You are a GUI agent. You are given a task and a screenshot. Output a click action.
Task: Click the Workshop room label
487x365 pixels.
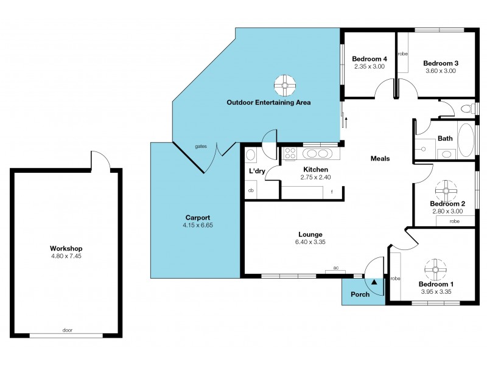tap(66, 248)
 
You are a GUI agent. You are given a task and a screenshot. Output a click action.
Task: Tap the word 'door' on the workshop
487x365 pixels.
tap(67, 330)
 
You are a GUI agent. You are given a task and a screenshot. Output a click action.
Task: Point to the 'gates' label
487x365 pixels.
tap(200, 147)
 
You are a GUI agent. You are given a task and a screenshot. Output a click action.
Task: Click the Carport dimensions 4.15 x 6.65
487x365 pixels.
tap(198, 225)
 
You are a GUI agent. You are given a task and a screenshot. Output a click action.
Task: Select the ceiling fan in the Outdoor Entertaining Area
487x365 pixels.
tap(284, 85)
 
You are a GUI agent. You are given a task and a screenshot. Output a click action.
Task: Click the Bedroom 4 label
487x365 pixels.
tap(369, 59)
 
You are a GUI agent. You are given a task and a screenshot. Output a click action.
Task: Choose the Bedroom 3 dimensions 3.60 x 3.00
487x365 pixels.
tap(441, 71)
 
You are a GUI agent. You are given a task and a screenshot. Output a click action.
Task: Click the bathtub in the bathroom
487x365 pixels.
tap(465, 140)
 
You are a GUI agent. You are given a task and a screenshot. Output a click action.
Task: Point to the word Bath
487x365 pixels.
tap(445, 139)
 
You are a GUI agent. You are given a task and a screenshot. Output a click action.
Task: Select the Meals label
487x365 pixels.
tap(380, 159)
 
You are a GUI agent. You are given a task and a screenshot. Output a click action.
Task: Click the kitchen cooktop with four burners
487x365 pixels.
tap(290, 154)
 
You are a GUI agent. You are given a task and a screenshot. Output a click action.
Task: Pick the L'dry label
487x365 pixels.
tap(256, 171)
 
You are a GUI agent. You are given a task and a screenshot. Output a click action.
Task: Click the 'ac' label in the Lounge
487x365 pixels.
tap(335, 267)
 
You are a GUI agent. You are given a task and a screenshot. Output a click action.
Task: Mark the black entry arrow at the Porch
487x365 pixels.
tap(374, 282)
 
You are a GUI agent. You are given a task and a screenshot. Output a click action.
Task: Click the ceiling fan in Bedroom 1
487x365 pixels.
tap(436, 268)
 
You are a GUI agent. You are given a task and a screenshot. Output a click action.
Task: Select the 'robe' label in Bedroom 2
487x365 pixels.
tap(454, 221)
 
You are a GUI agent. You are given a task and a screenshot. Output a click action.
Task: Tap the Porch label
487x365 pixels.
tap(360, 294)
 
